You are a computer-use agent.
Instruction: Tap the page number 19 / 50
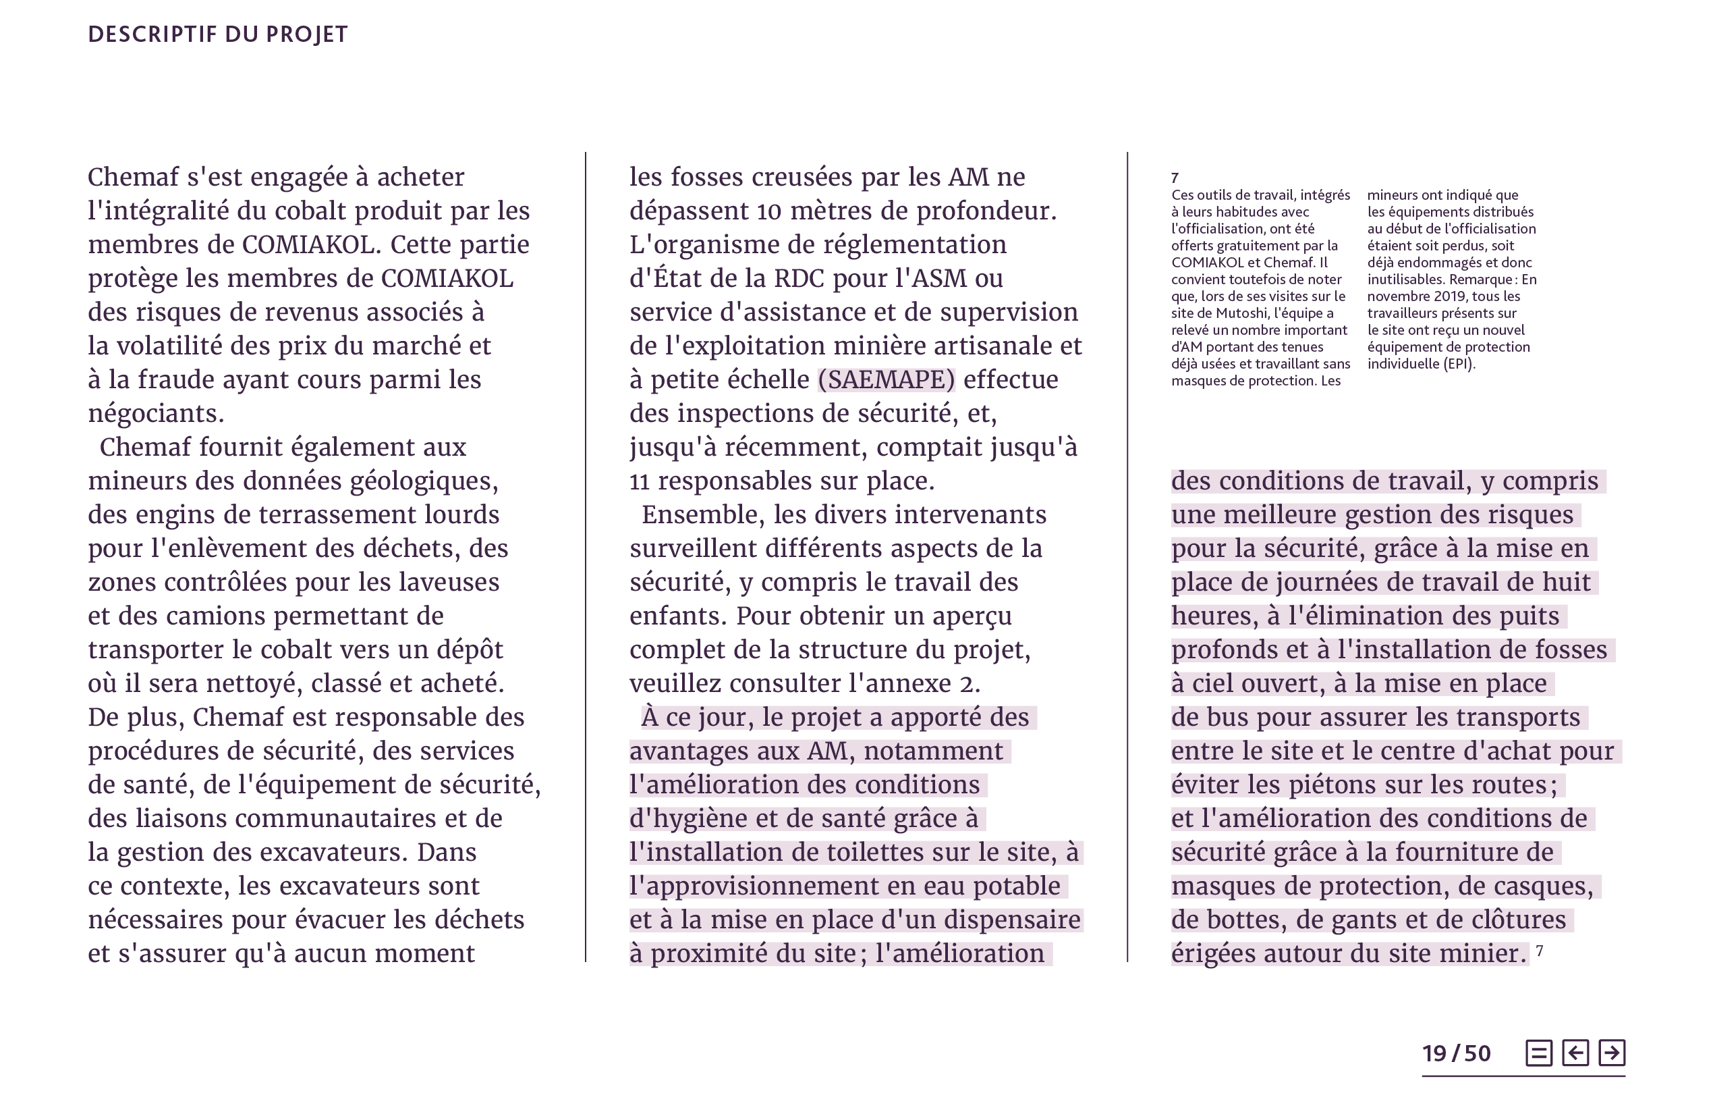[x=1456, y=1054]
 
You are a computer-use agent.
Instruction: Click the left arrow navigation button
[x=1575, y=1053]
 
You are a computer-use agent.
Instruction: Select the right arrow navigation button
[x=1612, y=1053]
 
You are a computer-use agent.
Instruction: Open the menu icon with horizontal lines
[x=1539, y=1053]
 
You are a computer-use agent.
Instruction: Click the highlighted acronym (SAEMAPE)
[x=886, y=379]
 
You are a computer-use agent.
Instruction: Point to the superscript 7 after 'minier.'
[x=1540, y=951]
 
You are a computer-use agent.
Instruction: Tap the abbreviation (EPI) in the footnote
[x=1458, y=364]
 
